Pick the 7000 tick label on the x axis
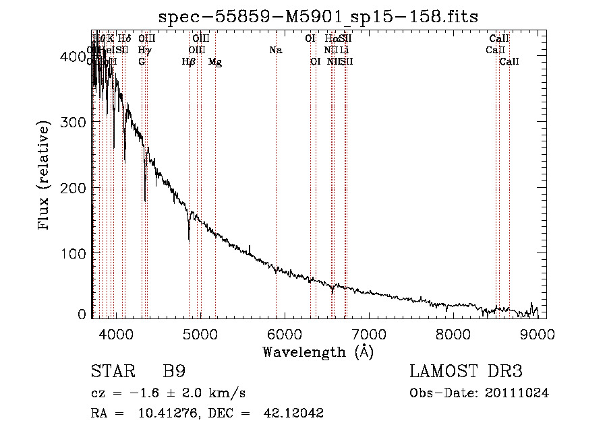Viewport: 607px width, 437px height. click(368, 334)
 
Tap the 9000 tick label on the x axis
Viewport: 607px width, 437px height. click(538, 334)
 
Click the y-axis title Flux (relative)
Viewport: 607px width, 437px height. click(45, 176)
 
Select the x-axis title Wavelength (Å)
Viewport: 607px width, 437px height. click(318, 351)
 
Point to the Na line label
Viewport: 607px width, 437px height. click(275, 50)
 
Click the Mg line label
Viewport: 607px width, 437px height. click(215, 62)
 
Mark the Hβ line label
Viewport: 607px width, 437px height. click(189, 62)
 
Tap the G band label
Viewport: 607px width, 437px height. click(142, 62)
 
